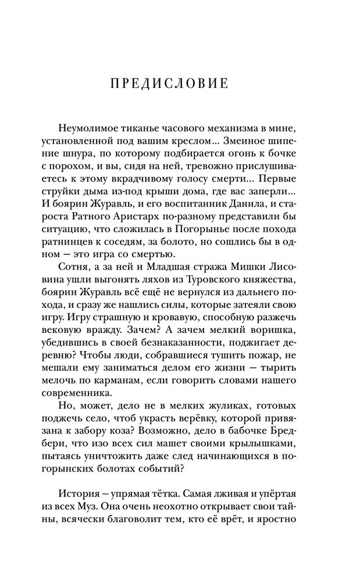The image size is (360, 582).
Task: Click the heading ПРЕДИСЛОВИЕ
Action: click(x=169, y=83)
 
